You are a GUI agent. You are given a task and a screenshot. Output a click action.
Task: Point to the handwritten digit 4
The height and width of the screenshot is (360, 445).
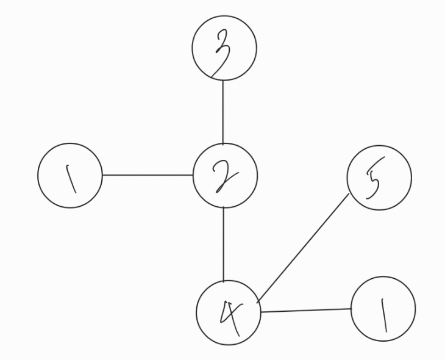(x=231, y=317)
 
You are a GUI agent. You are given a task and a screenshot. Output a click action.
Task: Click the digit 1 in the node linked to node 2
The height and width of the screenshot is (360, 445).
(x=71, y=179)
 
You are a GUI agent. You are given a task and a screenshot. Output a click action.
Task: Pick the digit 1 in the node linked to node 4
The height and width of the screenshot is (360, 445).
(x=383, y=315)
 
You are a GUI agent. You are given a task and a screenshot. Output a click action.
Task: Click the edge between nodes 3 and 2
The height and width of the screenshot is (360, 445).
(x=223, y=112)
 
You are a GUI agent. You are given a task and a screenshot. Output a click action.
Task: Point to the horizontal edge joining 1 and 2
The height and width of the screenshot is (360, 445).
(x=148, y=175)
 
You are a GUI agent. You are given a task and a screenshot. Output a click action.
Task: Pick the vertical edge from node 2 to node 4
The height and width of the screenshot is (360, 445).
(x=224, y=244)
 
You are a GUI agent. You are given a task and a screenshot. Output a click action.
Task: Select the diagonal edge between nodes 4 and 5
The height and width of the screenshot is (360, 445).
(x=303, y=248)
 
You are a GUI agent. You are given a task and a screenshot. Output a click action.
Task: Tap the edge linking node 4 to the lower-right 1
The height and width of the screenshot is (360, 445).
(x=306, y=311)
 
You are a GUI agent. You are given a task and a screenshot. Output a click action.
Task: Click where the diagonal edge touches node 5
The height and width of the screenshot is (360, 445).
(x=349, y=194)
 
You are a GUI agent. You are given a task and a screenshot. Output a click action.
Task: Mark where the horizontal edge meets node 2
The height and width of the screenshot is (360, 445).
(x=193, y=175)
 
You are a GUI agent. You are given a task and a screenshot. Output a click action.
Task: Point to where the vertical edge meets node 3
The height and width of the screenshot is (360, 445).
(x=223, y=81)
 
